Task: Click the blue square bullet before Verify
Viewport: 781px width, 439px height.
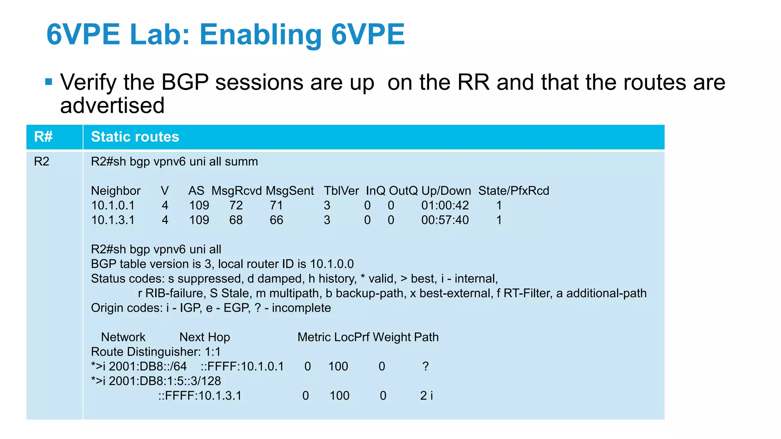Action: pos(48,82)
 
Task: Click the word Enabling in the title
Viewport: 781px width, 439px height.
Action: pos(260,35)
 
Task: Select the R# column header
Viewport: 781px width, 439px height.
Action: pos(43,137)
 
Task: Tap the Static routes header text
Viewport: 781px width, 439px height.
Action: pos(135,137)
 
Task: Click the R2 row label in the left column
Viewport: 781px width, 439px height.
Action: pos(42,162)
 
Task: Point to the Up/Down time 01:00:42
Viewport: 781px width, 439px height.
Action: pos(445,205)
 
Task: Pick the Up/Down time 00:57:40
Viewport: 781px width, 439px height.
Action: pos(445,220)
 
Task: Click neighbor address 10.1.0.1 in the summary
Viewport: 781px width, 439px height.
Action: pos(113,205)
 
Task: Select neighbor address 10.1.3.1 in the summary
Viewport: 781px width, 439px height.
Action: pos(113,220)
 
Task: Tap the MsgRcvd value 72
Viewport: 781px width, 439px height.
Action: pos(236,205)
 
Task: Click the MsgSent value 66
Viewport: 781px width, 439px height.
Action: pos(276,220)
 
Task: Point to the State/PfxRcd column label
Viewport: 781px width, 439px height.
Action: pos(514,191)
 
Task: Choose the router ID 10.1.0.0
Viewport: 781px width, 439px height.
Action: pos(332,264)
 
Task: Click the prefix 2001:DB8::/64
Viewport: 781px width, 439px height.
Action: pos(148,367)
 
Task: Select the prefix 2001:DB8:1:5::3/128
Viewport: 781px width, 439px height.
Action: pos(165,381)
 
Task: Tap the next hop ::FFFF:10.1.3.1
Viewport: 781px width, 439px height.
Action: pos(200,396)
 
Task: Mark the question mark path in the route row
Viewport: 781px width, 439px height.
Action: pos(426,367)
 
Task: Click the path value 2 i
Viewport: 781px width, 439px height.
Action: pos(426,396)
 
